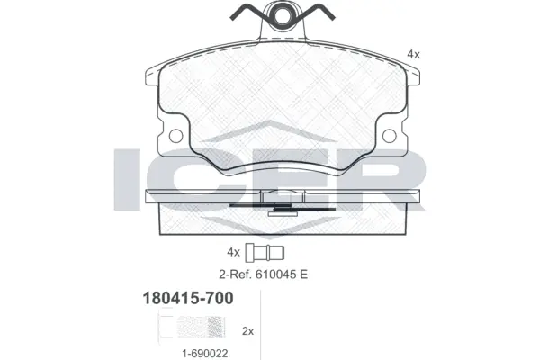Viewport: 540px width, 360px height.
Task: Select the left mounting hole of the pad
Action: pos(176,136)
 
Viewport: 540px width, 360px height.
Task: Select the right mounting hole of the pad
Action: pos(390,136)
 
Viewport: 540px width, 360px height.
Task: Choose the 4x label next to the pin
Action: pos(234,252)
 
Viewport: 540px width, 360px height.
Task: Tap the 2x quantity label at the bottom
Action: pos(249,331)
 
